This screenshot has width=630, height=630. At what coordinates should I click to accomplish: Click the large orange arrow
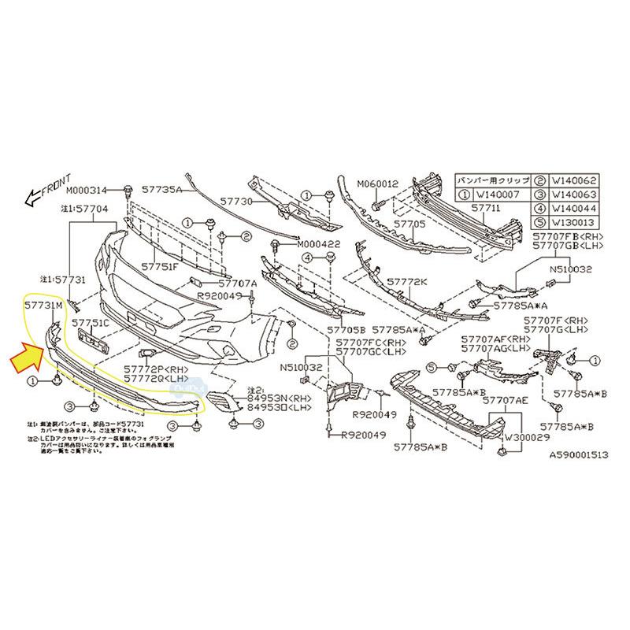point(29,358)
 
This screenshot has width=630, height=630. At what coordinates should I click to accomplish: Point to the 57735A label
point(162,191)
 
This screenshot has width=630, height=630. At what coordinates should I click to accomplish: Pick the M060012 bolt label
point(378,184)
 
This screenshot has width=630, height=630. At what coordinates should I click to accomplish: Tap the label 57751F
point(161,266)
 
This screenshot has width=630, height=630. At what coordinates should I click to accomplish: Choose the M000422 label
point(320,244)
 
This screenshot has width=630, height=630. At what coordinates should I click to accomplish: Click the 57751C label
point(91,323)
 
